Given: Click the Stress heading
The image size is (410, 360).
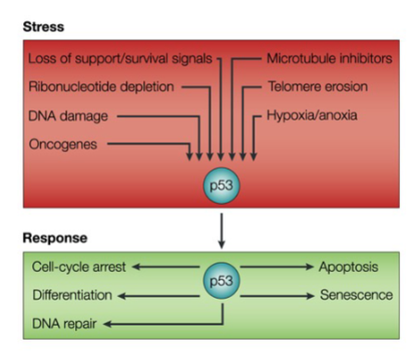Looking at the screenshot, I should point(45,27).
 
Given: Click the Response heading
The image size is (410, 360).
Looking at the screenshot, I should point(55,238).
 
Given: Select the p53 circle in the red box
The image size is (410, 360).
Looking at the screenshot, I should point(221,184).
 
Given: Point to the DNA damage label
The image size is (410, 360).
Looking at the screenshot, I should point(71,116).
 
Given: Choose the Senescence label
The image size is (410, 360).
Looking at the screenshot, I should point(355,295).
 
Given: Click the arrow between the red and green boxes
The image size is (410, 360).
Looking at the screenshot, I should point(221,227).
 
